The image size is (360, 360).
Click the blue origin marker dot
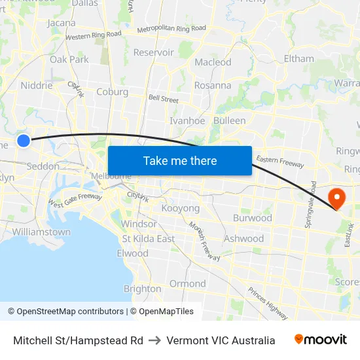[x=24, y=140]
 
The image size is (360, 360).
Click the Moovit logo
[x=321, y=340]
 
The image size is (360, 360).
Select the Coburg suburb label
[x=112, y=92]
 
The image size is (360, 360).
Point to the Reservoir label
[x=153, y=52]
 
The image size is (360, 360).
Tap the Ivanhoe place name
[x=187, y=120]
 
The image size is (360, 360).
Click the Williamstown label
[x=41, y=232]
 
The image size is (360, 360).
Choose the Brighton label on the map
[x=142, y=289]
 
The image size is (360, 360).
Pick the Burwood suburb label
[x=252, y=218]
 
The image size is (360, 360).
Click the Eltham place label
[x=299, y=58]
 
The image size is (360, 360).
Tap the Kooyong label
[x=180, y=208]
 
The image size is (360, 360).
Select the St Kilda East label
[x=149, y=239]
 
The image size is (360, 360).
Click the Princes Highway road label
[x=266, y=299]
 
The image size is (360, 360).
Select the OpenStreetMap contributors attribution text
[x=65, y=312]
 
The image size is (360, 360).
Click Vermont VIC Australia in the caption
[x=221, y=340]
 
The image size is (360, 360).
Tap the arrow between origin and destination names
[x=154, y=340]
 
